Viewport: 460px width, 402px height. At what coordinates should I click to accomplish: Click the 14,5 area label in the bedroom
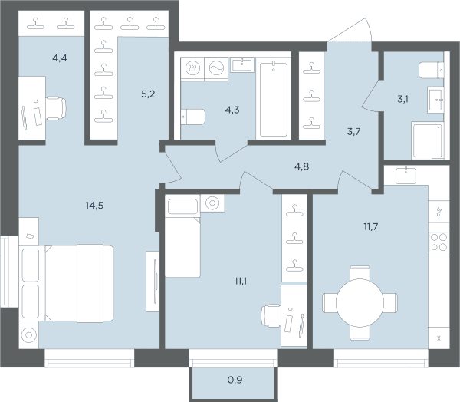tap(94, 206)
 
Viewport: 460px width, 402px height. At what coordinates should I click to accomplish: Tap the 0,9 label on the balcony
tap(235, 380)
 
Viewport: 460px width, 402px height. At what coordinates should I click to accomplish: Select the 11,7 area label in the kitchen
tap(371, 226)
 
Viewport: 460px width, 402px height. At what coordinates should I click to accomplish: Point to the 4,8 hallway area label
tap(301, 166)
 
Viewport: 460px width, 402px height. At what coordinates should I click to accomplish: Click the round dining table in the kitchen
tap(360, 303)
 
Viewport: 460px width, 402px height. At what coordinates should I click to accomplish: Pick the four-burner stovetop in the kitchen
tap(439, 242)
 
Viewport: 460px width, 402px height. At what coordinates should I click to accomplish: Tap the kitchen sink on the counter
tap(406, 176)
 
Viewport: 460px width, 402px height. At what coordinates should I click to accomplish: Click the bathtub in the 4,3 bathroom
tap(274, 99)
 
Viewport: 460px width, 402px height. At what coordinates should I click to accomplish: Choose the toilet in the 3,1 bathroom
tap(431, 70)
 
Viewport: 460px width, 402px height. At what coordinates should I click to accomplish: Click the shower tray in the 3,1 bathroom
tap(428, 140)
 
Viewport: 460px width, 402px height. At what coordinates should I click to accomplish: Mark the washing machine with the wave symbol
tap(216, 68)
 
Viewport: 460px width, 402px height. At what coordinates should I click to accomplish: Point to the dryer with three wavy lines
tap(192, 68)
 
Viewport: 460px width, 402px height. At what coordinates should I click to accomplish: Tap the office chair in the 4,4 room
tap(56, 108)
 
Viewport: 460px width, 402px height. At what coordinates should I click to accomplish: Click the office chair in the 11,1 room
tap(271, 316)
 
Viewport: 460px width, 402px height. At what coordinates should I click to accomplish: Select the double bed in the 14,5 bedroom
tap(66, 283)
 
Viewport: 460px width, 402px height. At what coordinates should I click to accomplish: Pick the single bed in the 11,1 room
tap(182, 236)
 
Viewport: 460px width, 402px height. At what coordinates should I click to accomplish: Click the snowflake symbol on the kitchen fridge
tap(439, 338)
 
